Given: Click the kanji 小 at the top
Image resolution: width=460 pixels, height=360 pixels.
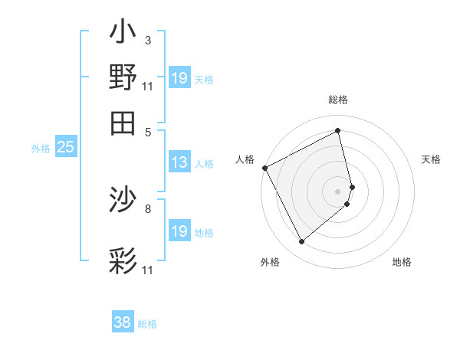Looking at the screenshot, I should pos(123,34).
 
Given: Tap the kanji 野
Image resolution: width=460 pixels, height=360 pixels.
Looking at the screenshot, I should pos(123,78).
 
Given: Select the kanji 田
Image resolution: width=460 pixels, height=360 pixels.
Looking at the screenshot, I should pos(123,122).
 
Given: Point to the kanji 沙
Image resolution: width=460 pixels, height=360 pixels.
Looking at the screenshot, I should pos(123,201).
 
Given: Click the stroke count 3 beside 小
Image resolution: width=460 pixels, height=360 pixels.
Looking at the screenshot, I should pos(148,40).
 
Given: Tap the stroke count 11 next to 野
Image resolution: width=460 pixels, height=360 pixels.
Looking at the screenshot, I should pos(148,85).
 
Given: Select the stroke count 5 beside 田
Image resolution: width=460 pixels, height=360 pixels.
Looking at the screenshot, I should pos(148,131).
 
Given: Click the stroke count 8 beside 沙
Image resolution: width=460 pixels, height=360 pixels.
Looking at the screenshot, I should pos(148,208).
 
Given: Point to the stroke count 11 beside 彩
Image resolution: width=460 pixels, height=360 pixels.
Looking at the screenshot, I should pos(148,270).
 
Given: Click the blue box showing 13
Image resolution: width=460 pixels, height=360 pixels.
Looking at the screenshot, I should pos(179,162).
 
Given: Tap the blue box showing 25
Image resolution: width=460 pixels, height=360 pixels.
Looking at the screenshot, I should pos(65,148).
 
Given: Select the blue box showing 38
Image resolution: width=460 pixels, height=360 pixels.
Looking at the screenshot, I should pos(123,322).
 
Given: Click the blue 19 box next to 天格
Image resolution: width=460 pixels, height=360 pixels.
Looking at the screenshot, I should pos(179,78).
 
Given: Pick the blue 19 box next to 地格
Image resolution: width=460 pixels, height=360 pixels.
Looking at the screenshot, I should pos(179,231).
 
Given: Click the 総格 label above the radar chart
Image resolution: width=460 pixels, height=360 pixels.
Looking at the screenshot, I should pos(338,100).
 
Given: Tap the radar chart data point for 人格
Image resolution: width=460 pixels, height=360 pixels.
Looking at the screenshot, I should pos(264,168).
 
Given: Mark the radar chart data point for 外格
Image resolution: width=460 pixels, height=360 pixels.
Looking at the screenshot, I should pos(301,242).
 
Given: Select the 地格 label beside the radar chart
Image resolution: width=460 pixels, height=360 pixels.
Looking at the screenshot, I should pos(402,262).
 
